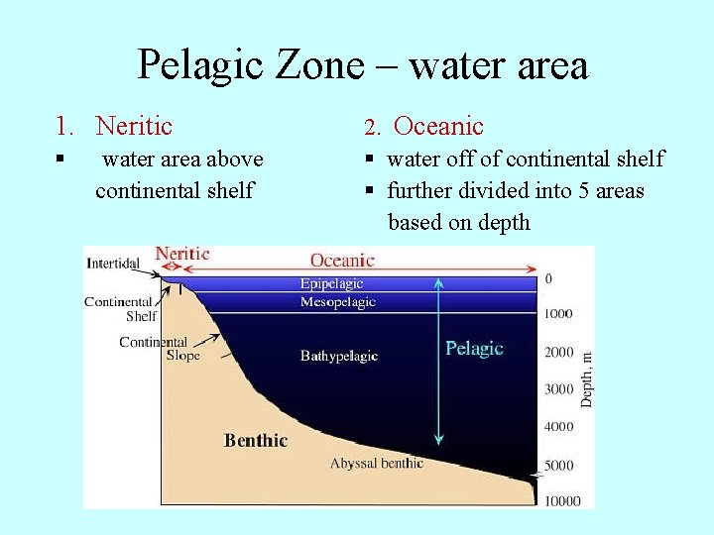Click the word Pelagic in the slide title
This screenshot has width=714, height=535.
pos(198,65)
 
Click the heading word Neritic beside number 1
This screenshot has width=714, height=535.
pos(134,126)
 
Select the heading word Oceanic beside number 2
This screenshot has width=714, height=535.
pos(438,126)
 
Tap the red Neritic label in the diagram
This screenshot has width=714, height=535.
pos(182,254)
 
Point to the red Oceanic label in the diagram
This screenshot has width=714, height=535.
pos(342,260)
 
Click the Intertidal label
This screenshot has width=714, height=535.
pos(113,264)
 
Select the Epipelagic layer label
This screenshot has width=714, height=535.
pos(331,284)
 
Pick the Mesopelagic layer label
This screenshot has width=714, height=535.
pos(337,302)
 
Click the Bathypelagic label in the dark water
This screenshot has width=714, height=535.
pos(339,356)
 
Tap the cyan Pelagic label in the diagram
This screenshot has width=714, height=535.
pos(474,348)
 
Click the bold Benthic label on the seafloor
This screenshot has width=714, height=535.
pos(256,440)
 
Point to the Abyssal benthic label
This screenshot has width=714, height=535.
pos(376,463)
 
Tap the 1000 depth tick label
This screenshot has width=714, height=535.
pos(558,314)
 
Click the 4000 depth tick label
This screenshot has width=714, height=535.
pos(558,427)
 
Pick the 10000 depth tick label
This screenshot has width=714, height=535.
pos(561,500)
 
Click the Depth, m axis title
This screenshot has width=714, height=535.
pos(587,378)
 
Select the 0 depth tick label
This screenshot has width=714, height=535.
pos(548,279)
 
